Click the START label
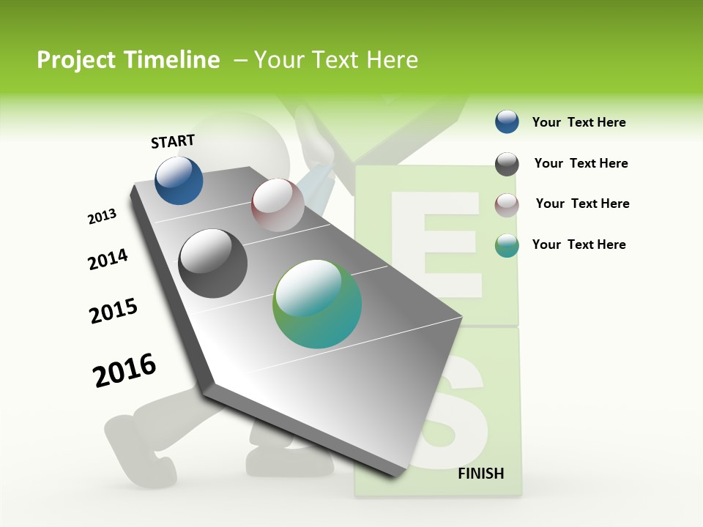pyautogui.click(x=173, y=141)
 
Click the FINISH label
pyautogui.click(x=480, y=474)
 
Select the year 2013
pyautogui.click(x=102, y=217)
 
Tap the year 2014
pyautogui.click(x=108, y=260)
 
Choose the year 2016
pyautogui.click(x=124, y=370)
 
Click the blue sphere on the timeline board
pyautogui.click(x=179, y=180)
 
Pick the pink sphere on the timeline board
pyautogui.click(x=278, y=205)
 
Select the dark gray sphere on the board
pyautogui.click(x=213, y=263)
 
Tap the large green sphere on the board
pyautogui.click(x=317, y=304)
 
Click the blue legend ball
pyautogui.click(x=507, y=122)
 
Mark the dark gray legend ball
pyautogui.click(x=507, y=164)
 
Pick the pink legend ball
pyautogui.click(x=507, y=205)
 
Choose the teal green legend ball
pyautogui.click(x=507, y=245)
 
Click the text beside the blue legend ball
pyautogui.click(x=579, y=122)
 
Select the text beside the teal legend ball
pyautogui.click(x=579, y=244)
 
